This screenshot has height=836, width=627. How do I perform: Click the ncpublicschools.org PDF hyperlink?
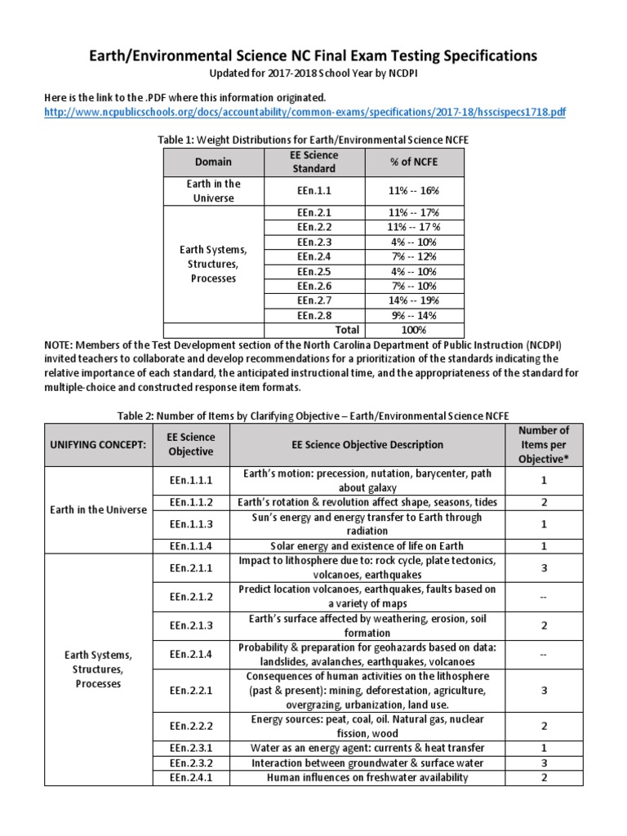(x=305, y=113)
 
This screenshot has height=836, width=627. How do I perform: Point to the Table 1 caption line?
(x=313, y=140)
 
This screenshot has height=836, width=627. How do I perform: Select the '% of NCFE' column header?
(x=414, y=162)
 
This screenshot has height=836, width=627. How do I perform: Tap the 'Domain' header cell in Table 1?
(x=215, y=162)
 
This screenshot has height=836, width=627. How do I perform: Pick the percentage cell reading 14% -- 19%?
(x=414, y=300)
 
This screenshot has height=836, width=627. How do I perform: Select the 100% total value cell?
(x=414, y=330)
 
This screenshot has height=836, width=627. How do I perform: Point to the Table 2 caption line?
(x=313, y=416)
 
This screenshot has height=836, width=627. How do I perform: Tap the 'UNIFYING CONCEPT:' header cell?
(x=98, y=445)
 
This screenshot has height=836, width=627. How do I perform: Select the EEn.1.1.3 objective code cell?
(x=190, y=524)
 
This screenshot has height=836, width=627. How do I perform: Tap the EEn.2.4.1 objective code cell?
(x=190, y=777)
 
